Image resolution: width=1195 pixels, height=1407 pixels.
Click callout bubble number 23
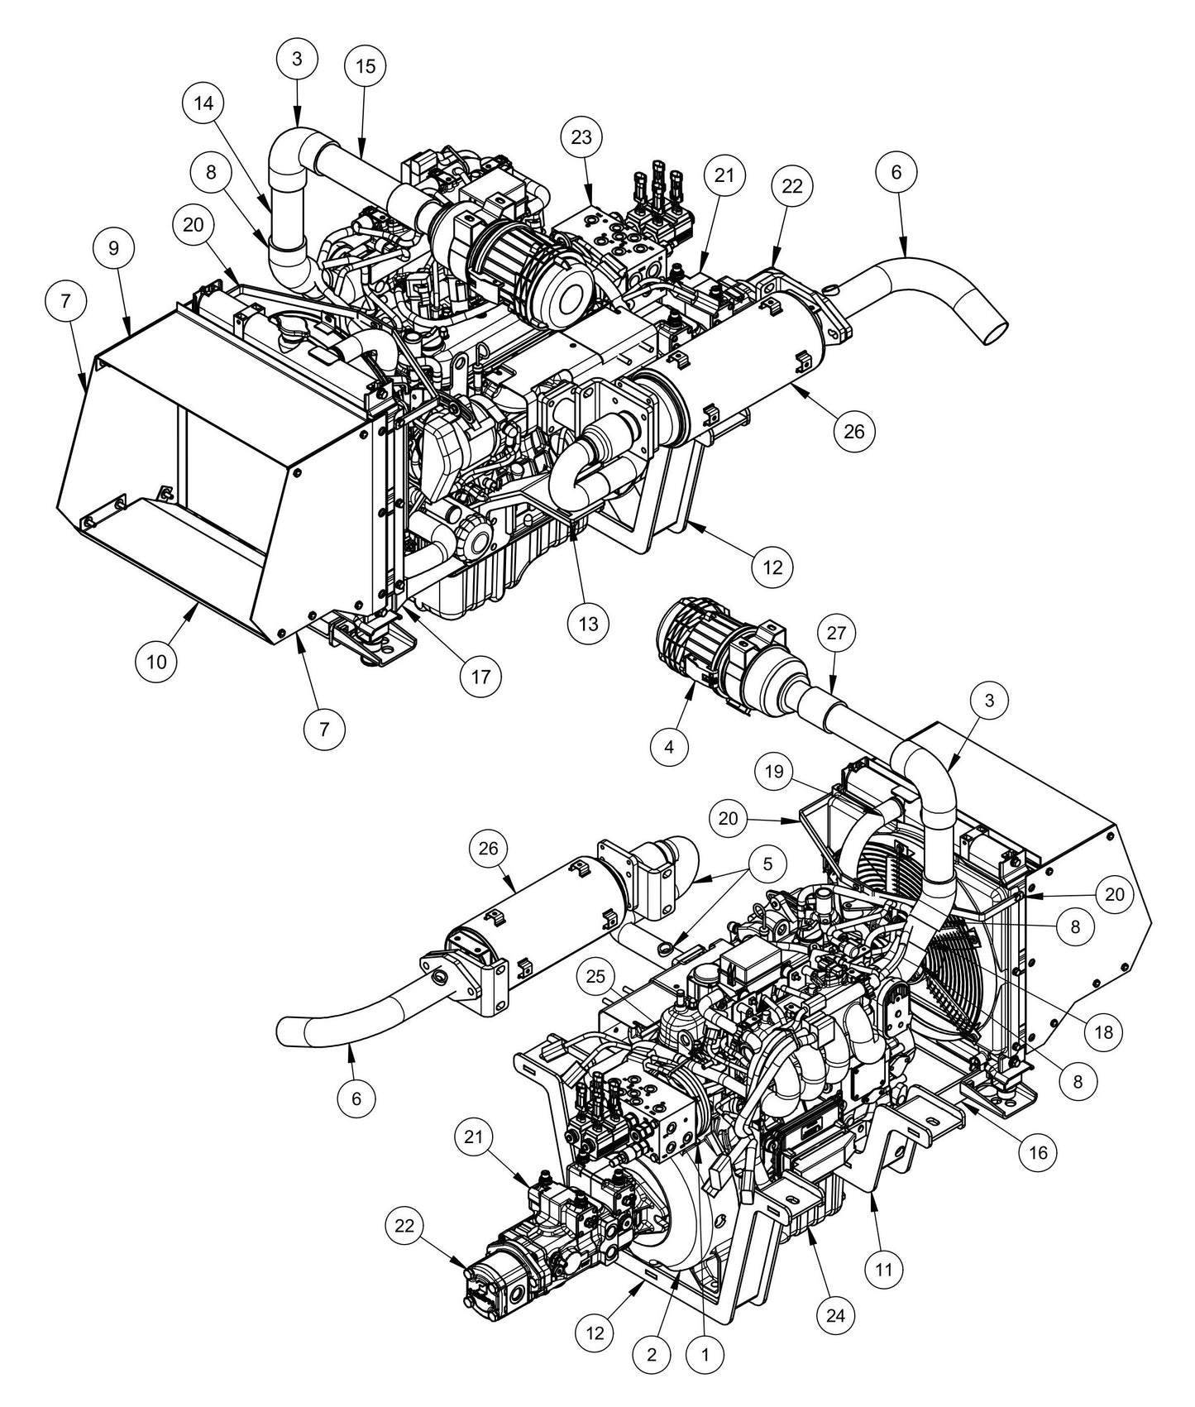click(x=581, y=137)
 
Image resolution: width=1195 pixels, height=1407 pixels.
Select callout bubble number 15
click(x=365, y=66)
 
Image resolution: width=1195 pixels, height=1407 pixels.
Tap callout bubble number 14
click(x=203, y=103)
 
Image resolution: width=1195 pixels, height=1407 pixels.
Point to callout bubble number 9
click(x=113, y=247)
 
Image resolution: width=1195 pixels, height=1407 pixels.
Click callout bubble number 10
click(x=157, y=661)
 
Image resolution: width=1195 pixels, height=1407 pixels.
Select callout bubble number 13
click(x=589, y=623)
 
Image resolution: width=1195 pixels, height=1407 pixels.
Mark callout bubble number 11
click(x=884, y=1268)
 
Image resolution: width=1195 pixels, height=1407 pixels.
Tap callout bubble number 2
click(x=652, y=1354)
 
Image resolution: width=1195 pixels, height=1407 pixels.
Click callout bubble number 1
click(x=705, y=1354)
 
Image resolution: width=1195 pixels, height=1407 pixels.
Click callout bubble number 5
click(x=767, y=864)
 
